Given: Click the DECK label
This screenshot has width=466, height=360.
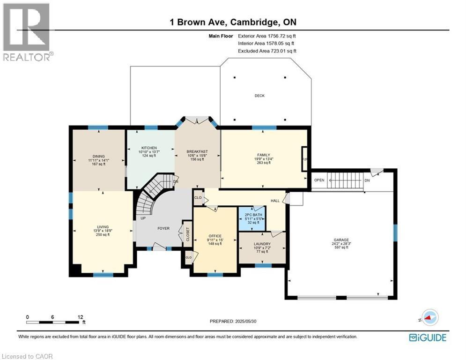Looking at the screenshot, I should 259,96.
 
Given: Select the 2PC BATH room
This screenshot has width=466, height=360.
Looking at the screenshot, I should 252,217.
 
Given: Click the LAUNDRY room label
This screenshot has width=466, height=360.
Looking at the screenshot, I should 262,244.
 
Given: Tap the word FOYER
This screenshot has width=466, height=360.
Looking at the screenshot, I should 163,228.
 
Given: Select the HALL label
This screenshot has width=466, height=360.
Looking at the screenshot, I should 275,201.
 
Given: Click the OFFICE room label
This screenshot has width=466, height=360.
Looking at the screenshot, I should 215,236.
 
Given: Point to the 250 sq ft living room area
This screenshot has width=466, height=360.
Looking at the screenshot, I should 101,235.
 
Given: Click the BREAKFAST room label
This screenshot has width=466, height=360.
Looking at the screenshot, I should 197,151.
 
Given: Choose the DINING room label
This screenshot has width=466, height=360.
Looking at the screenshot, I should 98,156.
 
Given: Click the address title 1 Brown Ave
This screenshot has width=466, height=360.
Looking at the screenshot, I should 203,22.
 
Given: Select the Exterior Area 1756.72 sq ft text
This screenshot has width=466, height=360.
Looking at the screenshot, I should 267,36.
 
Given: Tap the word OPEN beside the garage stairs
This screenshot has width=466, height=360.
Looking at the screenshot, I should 319,180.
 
